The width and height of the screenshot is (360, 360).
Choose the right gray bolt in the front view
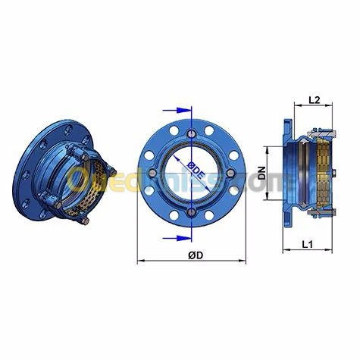pos(235,173)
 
